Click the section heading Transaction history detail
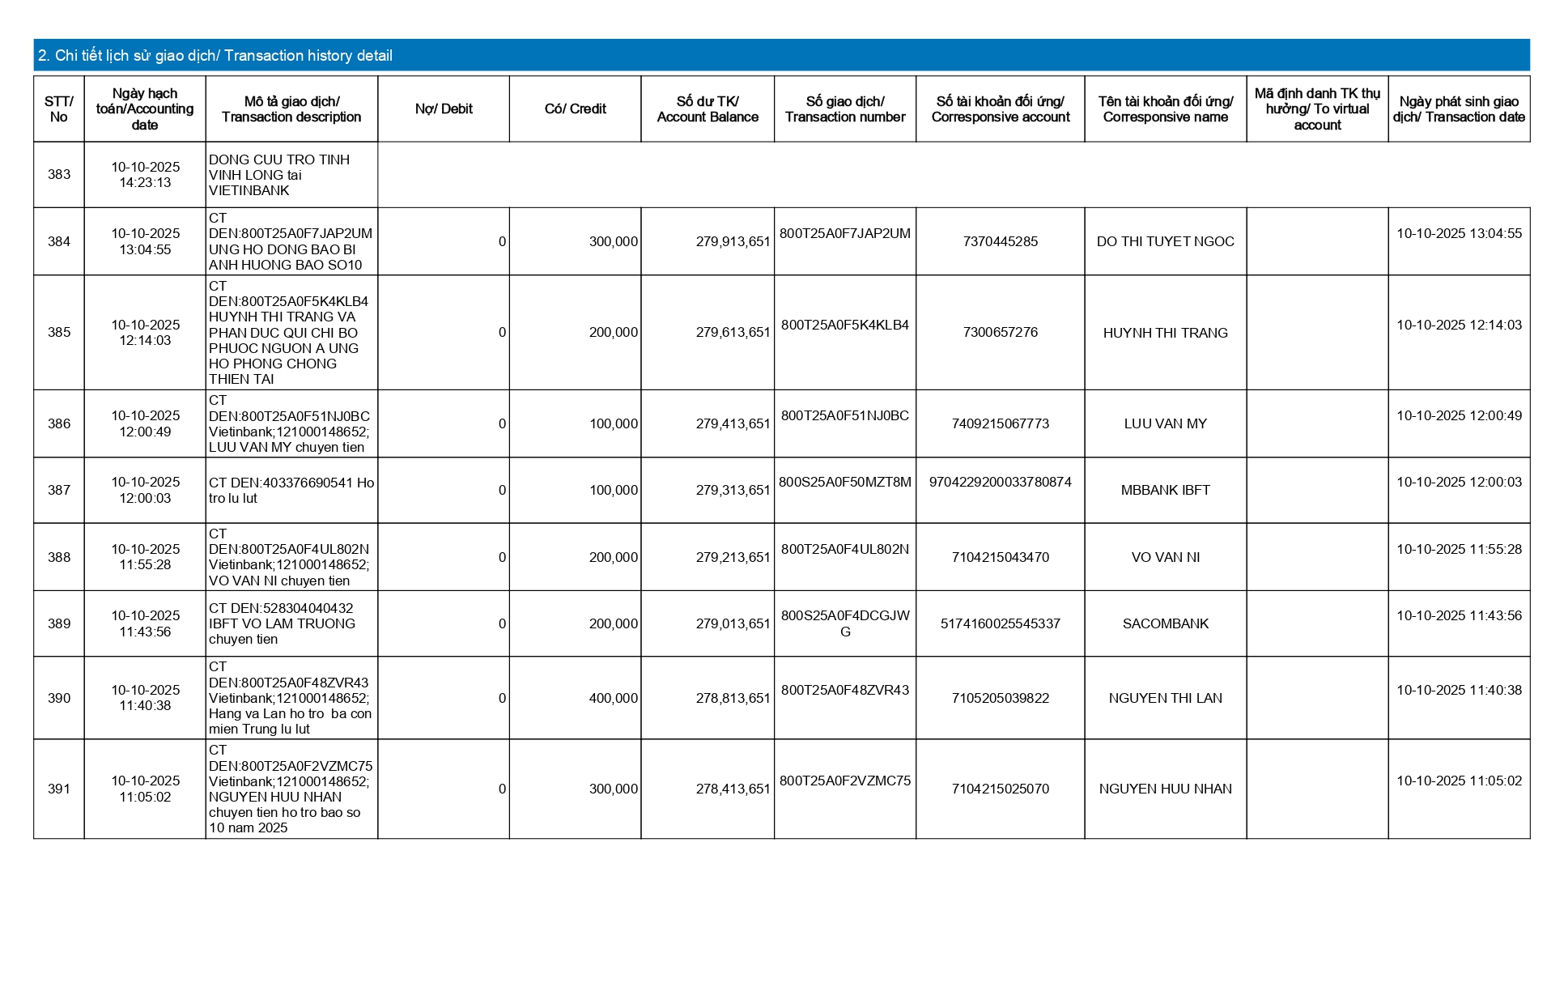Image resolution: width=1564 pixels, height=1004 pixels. (x=215, y=56)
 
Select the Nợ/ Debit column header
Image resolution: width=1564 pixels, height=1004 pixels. (x=444, y=109)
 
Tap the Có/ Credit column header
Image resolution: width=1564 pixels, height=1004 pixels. (x=575, y=109)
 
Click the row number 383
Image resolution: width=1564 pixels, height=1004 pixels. (x=59, y=175)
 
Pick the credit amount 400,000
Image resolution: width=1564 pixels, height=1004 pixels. (x=613, y=698)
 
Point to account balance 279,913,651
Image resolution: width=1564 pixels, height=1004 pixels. (x=733, y=241)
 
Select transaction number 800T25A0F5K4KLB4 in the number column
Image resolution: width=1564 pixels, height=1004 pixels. (x=844, y=325)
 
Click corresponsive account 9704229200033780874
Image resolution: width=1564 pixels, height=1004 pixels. (x=1000, y=482)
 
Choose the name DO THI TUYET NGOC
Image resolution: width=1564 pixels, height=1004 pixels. (x=1165, y=241)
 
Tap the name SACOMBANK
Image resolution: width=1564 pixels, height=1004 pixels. (x=1165, y=623)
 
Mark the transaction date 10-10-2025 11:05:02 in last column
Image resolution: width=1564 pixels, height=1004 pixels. (x=1459, y=781)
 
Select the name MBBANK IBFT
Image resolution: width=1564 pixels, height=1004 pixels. (x=1165, y=490)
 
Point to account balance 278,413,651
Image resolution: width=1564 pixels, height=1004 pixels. (x=733, y=789)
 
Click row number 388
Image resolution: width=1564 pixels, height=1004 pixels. (x=59, y=557)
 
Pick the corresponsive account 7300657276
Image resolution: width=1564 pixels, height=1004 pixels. (x=1000, y=332)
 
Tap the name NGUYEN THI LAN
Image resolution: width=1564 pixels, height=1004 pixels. (x=1165, y=698)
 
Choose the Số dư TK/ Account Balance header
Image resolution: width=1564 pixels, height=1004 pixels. (x=708, y=109)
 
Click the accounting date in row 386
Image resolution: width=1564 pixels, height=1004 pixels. (x=146, y=423)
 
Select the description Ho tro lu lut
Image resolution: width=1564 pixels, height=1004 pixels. (x=291, y=491)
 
